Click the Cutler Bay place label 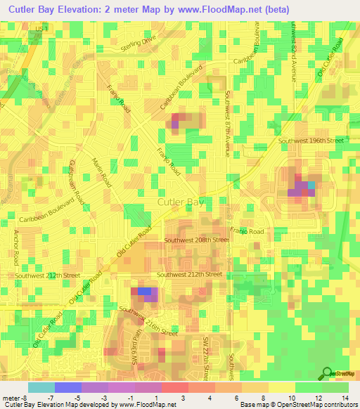coord(181,202)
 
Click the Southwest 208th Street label coord(197,240)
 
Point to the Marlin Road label coord(102,173)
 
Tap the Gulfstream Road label coord(75,181)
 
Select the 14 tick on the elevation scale coord(347,398)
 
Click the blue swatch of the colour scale coord(68,387)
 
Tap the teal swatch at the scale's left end coord(41,387)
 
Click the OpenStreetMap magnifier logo coord(326,373)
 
